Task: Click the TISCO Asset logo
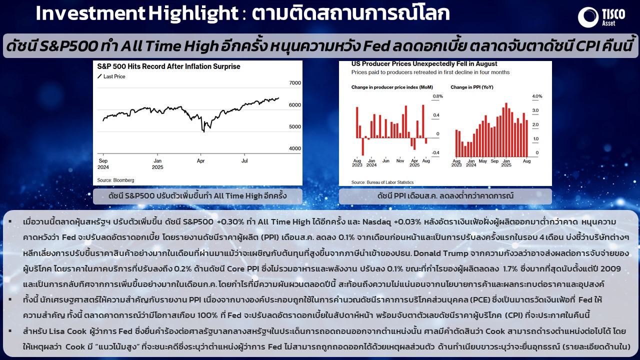[601, 17]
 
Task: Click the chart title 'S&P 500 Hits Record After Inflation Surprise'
[168, 66]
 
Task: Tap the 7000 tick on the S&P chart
[295, 83]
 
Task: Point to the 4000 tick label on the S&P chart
[295, 148]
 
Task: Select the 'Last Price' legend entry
[111, 76]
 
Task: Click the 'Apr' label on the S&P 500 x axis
[200, 161]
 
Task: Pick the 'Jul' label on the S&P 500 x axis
[244, 160]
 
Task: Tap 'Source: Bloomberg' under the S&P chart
[115, 180]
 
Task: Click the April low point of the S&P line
[203, 131]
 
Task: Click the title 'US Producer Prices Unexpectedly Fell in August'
[424, 63]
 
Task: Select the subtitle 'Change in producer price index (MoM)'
[392, 87]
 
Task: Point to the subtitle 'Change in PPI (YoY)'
[472, 87]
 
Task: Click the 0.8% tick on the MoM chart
[437, 96]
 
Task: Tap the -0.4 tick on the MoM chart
[435, 153]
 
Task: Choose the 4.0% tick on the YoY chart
[537, 96]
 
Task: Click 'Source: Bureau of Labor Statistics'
[382, 182]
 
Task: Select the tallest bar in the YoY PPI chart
[506, 130]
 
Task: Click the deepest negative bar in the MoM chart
[363, 147]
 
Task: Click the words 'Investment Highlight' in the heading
[137, 13]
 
